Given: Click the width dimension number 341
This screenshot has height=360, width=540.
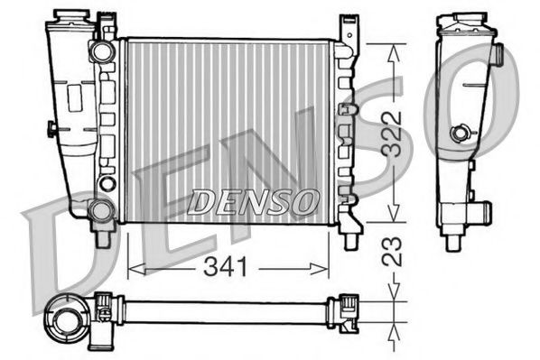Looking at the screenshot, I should click(x=228, y=267).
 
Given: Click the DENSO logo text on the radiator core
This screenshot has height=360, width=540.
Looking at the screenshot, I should click(x=252, y=201).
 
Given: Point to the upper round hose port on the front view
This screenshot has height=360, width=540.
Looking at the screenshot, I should click(x=101, y=51).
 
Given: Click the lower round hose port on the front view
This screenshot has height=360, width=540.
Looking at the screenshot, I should click(x=101, y=211).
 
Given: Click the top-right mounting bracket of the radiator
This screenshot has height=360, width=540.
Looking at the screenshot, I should click(x=347, y=30).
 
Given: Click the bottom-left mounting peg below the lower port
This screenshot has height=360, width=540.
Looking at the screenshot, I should click(x=102, y=238).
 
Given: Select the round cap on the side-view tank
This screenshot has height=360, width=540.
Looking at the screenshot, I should click(x=461, y=134).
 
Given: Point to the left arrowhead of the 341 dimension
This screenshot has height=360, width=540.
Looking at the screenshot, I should click(x=132, y=267).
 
